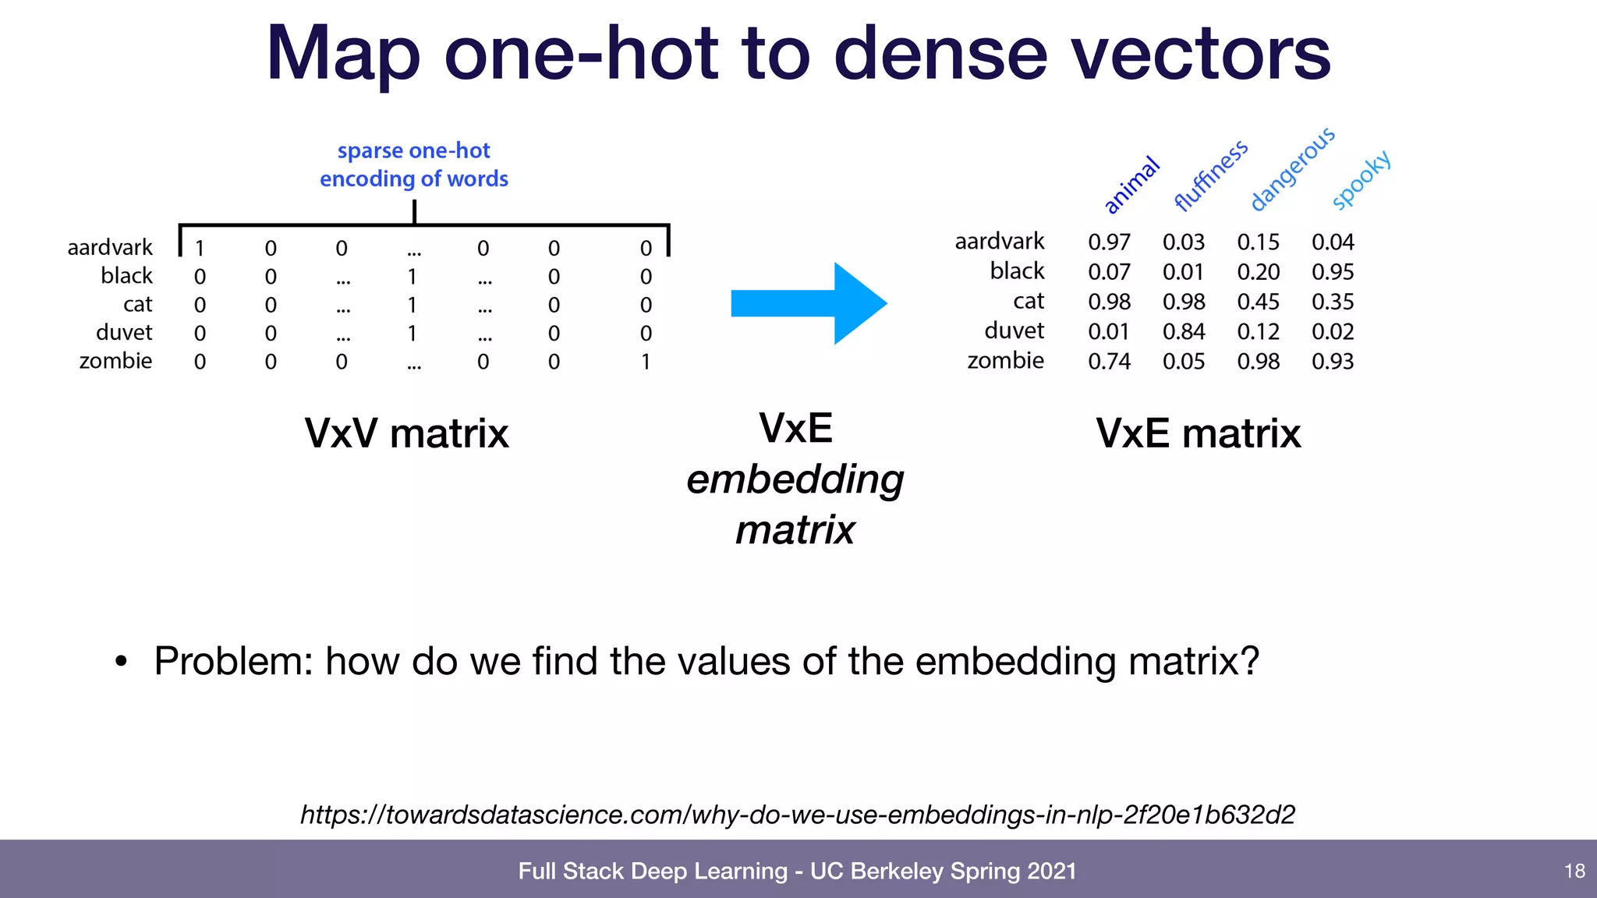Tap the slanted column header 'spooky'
[x=1361, y=180]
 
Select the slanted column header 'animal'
[x=1131, y=185]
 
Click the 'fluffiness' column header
[x=1210, y=176]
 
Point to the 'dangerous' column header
[x=1292, y=169]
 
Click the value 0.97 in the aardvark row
[x=1109, y=242]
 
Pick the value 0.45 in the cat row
[x=1258, y=302]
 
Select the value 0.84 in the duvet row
[x=1183, y=332]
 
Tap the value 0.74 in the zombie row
[x=1109, y=362]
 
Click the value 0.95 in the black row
[x=1332, y=272]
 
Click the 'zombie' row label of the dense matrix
[x=1005, y=361]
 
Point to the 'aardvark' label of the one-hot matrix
[x=110, y=248]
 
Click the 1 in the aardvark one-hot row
[x=200, y=249]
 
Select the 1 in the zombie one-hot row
[x=646, y=362]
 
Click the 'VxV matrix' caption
[x=406, y=433]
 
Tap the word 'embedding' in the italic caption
[x=795, y=479]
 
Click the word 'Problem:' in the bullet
[x=233, y=661]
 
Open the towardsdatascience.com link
[x=797, y=815]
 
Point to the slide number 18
[x=1574, y=871]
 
